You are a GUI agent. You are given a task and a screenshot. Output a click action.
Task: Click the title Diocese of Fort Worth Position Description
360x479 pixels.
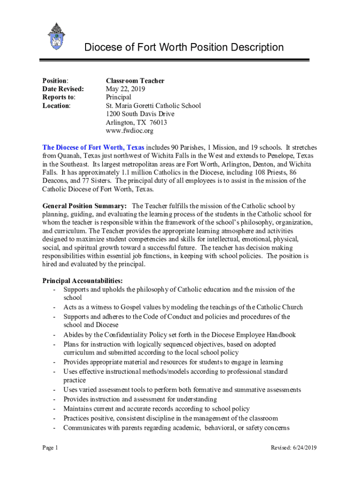coord(183,47)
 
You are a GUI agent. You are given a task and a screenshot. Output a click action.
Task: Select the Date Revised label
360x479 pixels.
coord(63,89)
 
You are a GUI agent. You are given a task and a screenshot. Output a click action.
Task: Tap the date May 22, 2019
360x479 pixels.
coord(125,89)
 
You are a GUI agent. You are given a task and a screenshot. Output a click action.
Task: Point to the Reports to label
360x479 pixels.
coord(59,97)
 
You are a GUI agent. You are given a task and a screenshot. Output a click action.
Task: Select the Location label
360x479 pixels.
coord(56,106)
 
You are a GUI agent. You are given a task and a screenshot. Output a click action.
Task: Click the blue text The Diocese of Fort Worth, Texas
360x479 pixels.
coord(94,147)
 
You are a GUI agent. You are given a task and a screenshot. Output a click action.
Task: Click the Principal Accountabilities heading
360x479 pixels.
coord(83,281)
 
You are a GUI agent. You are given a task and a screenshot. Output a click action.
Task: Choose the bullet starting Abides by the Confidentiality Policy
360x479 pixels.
coord(180,335)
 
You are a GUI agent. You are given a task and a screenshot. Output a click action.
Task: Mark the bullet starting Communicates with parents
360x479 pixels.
coord(176,428)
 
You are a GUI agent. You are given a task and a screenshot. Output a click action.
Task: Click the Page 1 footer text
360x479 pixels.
coord(50,448)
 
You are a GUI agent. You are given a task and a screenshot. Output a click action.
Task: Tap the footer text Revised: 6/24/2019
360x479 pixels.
coord(294,448)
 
